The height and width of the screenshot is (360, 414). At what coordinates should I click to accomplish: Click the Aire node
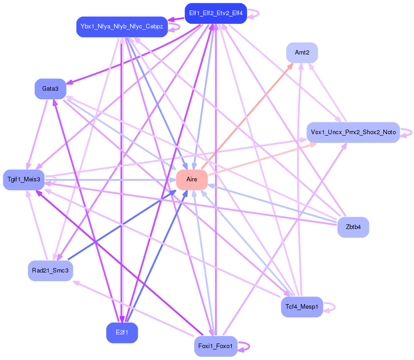tap(192, 179)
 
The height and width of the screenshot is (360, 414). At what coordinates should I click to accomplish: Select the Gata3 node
tap(50, 89)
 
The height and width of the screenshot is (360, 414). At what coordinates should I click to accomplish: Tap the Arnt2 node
tap(302, 53)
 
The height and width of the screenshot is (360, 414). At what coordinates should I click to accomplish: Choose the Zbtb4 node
tap(353, 227)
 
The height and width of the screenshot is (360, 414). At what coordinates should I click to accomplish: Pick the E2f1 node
tap(122, 333)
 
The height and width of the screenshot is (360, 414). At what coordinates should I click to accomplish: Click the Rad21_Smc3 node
tap(50, 271)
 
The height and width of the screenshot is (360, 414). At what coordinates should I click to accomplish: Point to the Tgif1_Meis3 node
tap(24, 179)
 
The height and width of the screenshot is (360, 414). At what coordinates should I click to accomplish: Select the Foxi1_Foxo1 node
tap(216, 346)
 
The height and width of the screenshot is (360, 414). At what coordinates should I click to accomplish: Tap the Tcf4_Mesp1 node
tap(302, 306)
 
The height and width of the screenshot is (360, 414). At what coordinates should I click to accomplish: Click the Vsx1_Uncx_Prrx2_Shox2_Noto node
tap(353, 132)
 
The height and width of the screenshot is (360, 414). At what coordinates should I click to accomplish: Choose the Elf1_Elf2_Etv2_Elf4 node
tap(216, 13)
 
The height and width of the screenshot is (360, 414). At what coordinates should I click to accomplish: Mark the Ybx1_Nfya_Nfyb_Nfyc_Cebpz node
tap(122, 27)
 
